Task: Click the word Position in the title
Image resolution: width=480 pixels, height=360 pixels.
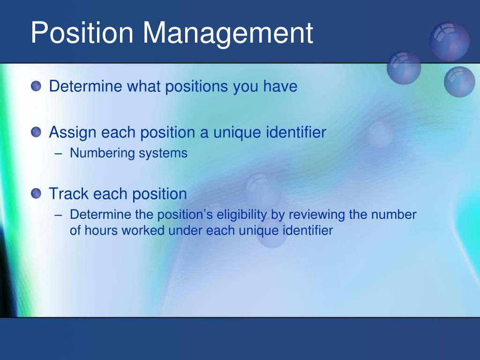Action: pos(82,32)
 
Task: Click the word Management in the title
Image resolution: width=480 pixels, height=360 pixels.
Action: pos(228,34)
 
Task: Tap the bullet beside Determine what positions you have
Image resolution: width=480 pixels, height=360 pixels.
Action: pos(36,86)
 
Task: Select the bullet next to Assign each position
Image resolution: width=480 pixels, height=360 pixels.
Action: pos(36,132)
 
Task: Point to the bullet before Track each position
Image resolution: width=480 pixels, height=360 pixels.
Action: pos(36,194)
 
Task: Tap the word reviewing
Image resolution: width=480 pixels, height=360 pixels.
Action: pos(316,215)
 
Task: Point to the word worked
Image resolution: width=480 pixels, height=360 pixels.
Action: pos(143,231)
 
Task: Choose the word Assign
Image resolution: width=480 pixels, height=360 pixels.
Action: pos(73,133)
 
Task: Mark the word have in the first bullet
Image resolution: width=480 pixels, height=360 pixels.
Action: pos(280,86)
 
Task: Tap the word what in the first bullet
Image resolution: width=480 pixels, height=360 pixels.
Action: pos(143,86)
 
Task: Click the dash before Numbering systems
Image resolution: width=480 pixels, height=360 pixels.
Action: pos(59,154)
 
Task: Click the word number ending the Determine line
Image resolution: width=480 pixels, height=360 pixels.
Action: pos(394,215)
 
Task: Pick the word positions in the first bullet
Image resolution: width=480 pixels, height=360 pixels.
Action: pos(196,87)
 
